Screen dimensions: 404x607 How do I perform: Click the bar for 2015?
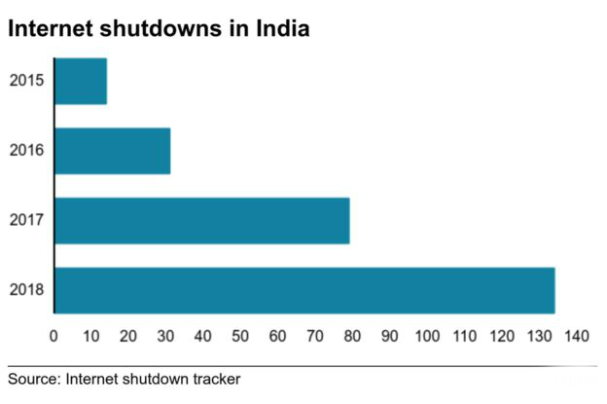[81, 81]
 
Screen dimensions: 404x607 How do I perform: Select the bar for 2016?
[112, 151]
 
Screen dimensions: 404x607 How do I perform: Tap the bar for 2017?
[201, 220]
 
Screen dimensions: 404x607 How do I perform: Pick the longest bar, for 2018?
[304, 290]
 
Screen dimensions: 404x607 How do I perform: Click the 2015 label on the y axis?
[25, 81]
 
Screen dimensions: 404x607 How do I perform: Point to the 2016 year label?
[25, 151]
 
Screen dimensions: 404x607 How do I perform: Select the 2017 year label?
[25, 220]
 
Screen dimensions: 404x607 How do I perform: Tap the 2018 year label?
[25, 290]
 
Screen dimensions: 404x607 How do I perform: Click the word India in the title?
[283, 29]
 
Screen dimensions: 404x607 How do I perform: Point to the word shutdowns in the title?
[164, 29]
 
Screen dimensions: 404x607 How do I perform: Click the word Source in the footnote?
[33, 379]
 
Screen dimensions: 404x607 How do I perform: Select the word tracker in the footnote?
[213, 379]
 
